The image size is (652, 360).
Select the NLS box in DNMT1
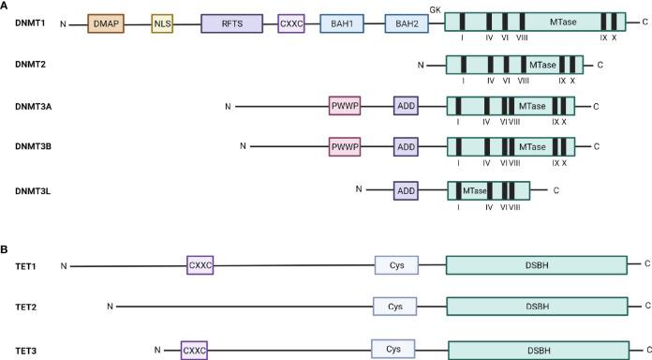point(164,23)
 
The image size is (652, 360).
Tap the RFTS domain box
point(231,23)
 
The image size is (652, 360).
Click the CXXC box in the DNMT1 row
point(291,23)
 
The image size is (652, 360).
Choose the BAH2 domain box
point(407,23)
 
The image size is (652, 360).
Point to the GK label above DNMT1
point(435,7)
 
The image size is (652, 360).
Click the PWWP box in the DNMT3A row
point(345,106)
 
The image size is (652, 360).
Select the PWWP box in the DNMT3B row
point(345,146)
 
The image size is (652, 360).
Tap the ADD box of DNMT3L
point(406,190)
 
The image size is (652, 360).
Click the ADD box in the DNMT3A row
point(406,106)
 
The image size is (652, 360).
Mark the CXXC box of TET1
point(200,265)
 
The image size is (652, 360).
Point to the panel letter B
point(6,249)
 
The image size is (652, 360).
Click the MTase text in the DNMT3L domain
point(475,190)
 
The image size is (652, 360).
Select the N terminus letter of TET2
point(110,306)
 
